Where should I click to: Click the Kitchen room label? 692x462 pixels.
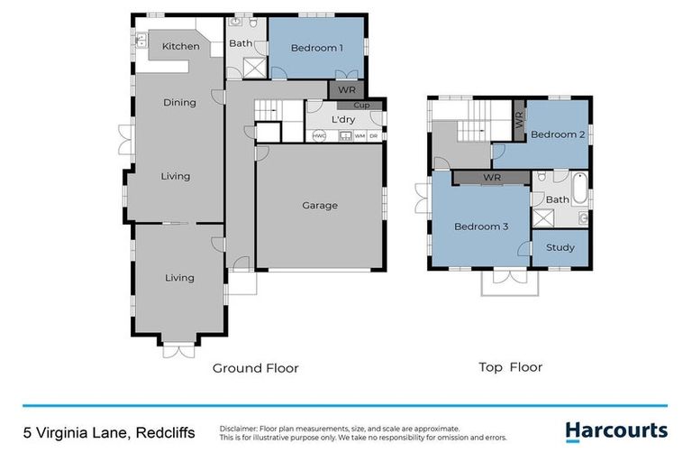point(180,46)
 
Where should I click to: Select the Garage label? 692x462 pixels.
point(320,206)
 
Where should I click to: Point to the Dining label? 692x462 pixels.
point(179,103)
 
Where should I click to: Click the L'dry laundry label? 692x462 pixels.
point(343,120)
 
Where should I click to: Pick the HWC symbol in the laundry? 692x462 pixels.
point(319,136)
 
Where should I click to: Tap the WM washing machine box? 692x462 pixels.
point(360,136)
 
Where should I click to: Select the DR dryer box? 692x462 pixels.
point(373,136)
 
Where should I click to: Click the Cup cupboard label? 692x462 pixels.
point(361,106)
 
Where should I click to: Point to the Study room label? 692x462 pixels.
point(560,247)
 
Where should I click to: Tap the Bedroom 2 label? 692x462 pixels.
point(558,134)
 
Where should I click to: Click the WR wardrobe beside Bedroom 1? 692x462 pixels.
point(346,90)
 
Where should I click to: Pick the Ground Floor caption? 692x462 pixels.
point(255,368)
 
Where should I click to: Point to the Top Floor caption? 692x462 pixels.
point(510,367)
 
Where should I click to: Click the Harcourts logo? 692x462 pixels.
point(616,431)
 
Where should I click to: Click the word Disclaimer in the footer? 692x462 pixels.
point(239,429)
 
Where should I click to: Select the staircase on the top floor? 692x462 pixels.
point(473,126)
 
